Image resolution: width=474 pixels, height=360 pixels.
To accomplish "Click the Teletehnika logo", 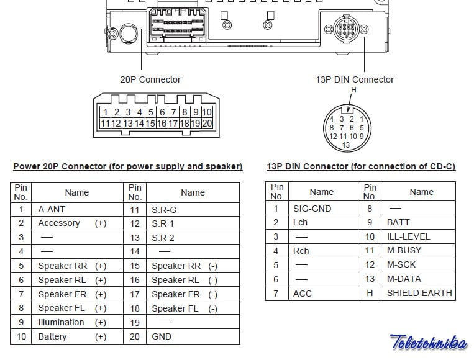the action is [429, 342].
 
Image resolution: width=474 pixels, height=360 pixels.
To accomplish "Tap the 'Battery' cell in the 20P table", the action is [78, 337].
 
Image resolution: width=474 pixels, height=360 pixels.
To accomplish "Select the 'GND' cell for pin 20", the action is [193, 337].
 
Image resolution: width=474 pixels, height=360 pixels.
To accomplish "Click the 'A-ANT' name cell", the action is [78, 209].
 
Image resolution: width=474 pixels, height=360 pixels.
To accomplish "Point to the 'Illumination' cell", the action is [78, 323].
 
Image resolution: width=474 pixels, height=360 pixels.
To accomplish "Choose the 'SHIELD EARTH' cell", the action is [418, 293].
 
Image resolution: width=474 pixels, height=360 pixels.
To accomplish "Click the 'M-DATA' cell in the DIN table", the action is [418, 279].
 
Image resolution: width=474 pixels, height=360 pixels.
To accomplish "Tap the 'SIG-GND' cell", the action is [323, 209].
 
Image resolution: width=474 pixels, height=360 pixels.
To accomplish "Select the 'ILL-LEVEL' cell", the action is [418, 236].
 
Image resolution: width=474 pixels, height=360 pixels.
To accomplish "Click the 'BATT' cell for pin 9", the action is [418, 223].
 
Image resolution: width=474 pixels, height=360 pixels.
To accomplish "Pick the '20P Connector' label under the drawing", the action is [150, 79].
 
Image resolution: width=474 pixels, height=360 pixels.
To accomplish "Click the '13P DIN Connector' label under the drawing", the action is [355, 79].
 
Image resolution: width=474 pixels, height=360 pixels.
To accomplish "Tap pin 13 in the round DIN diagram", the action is [346, 145].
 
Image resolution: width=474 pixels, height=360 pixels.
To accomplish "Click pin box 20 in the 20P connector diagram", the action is [207, 124].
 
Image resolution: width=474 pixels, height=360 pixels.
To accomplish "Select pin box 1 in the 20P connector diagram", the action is [105, 112].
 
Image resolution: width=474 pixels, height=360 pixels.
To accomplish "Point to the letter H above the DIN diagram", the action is [353, 90].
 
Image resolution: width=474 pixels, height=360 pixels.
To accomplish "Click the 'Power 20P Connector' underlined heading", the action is [128, 167].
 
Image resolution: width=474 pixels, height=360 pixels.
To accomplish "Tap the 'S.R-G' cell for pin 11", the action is [193, 210].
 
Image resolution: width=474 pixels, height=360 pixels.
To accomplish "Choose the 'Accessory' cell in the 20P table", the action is [78, 223].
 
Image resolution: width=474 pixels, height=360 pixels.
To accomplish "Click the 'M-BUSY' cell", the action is [418, 251].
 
